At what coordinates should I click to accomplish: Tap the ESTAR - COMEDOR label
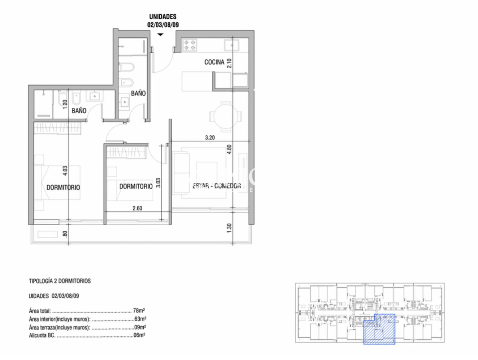[217, 186]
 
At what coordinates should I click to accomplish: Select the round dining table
[226, 117]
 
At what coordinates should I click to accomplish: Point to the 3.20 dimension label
[210, 137]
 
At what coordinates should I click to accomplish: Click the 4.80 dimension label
[229, 149]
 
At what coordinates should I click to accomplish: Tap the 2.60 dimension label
[137, 208]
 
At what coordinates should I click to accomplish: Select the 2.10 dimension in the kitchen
[229, 64]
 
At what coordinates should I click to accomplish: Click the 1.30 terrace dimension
[229, 229]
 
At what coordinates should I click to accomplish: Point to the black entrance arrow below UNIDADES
[160, 35]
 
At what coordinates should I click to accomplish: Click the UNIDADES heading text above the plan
[163, 17]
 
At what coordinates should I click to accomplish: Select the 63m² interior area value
[140, 319]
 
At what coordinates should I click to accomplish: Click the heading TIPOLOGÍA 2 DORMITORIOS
[60, 281]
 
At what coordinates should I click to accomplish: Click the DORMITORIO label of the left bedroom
[63, 187]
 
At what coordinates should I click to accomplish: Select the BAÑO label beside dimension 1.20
[79, 111]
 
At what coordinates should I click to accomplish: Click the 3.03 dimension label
[159, 182]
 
